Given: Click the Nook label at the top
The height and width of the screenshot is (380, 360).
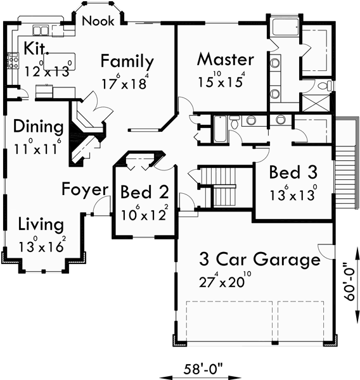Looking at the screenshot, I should pyautogui.click(x=100, y=21).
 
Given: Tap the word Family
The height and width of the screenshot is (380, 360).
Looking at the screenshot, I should pyautogui.click(x=127, y=62).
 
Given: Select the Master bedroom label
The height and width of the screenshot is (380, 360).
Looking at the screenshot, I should pyautogui.click(x=225, y=60).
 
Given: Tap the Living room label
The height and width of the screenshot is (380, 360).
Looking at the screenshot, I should pyautogui.click(x=41, y=224).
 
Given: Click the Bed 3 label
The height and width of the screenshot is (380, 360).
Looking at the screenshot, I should pyautogui.click(x=293, y=172).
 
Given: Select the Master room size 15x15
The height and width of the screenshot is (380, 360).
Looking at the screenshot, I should pyautogui.click(x=229, y=80).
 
